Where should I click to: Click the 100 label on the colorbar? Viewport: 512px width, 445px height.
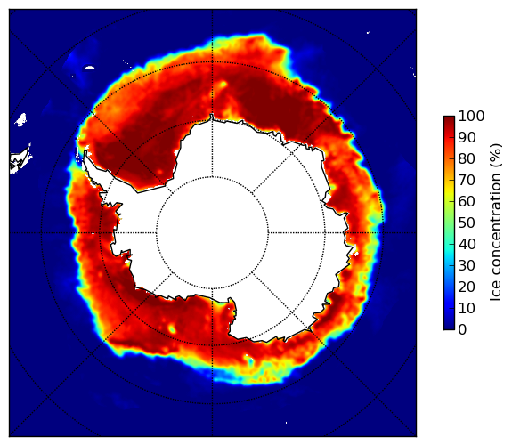[x=471, y=116]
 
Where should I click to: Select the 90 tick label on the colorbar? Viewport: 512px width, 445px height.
[x=467, y=137]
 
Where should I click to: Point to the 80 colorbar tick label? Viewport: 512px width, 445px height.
[x=467, y=158]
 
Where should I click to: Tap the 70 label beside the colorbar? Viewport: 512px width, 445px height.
[x=467, y=180]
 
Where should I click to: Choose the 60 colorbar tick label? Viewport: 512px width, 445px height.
[x=467, y=201]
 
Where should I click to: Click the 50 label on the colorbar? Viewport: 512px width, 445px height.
[x=467, y=223]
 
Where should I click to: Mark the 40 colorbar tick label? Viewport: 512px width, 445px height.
[x=467, y=244]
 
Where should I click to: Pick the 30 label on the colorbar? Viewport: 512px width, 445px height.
[x=467, y=266]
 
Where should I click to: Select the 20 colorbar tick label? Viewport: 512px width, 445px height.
[x=467, y=287]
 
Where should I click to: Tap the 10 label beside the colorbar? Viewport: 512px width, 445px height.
[x=467, y=308]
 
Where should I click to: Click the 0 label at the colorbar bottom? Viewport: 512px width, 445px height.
[x=463, y=330]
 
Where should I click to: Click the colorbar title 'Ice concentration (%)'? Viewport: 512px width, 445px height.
[x=496, y=222]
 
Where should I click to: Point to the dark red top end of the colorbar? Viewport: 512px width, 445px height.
[x=449, y=118]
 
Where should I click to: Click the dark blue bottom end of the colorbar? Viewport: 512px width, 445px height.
[x=449, y=328]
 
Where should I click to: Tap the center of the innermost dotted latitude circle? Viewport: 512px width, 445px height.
[x=212, y=233]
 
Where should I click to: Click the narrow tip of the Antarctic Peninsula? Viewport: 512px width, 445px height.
[x=85, y=153]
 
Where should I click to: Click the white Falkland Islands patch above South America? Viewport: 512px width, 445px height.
[x=20, y=119]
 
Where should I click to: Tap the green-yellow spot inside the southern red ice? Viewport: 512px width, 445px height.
[x=172, y=328]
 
